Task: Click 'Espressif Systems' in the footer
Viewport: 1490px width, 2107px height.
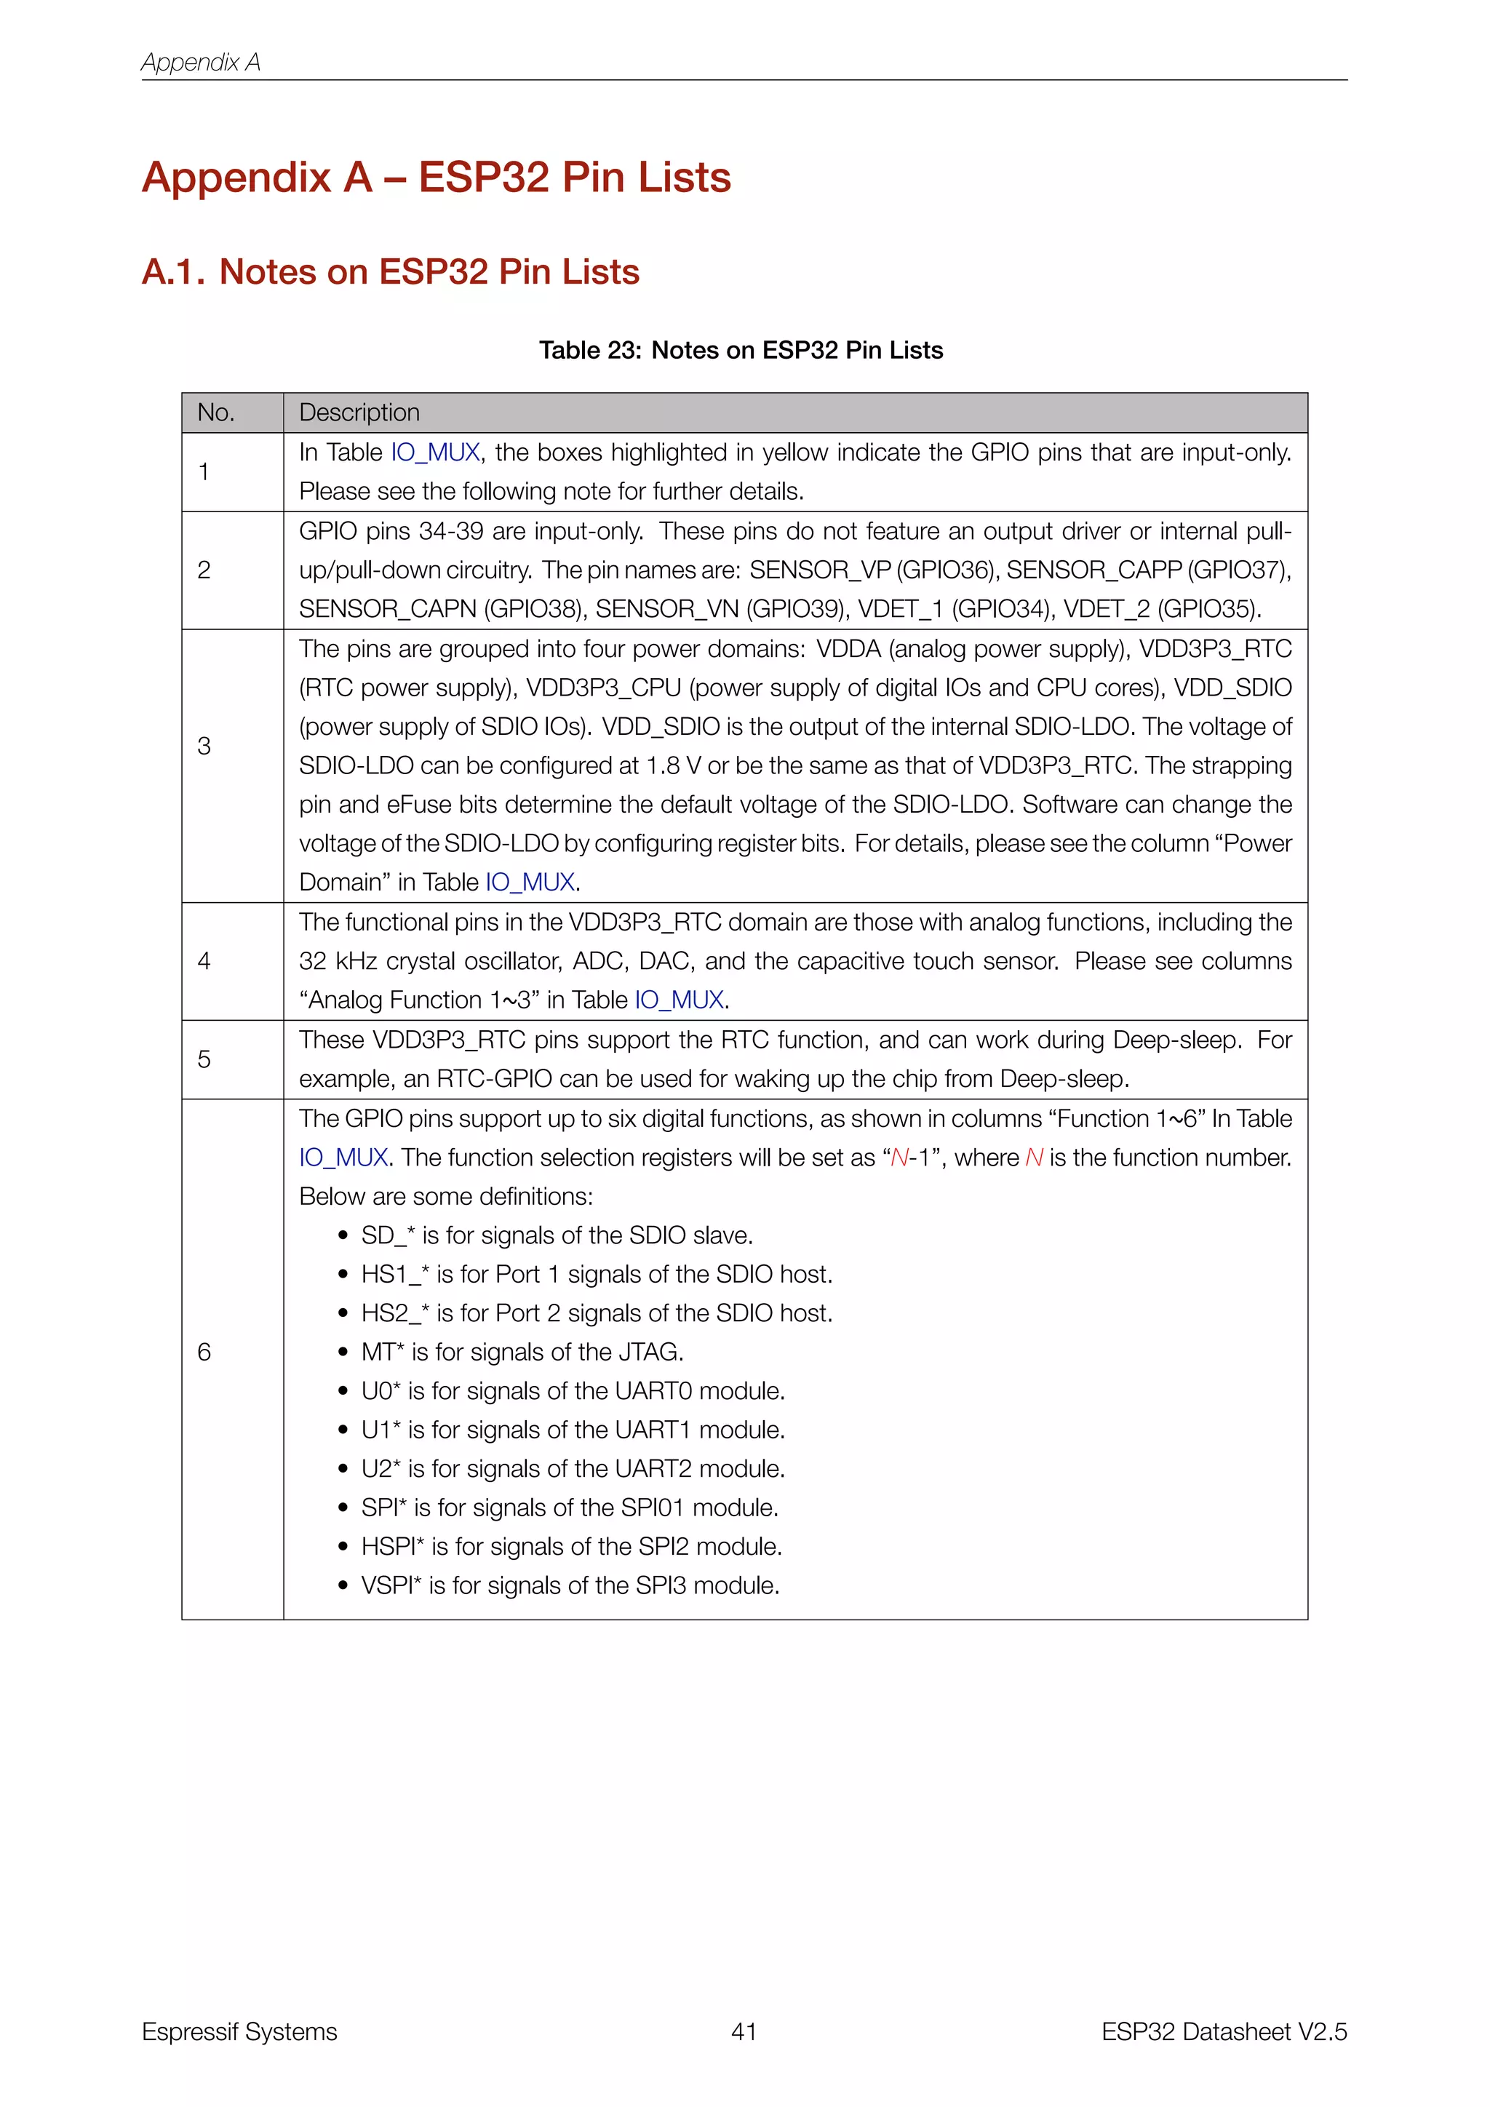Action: (239, 2032)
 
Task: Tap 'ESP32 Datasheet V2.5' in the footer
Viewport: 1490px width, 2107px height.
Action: (1224, 2032)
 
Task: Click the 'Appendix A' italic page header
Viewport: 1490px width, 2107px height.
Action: (201, 63)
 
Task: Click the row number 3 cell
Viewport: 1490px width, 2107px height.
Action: (204, 746)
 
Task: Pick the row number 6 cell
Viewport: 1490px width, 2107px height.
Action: (204, 1352)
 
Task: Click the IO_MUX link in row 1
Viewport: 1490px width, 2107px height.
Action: (436, 453)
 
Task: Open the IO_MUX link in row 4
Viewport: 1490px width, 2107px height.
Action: (680, 1000)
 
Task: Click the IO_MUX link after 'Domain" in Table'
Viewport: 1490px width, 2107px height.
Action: (530, 883)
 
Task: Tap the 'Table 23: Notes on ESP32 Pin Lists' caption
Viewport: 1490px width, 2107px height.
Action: (741, 351)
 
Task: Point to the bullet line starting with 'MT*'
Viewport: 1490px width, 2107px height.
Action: (522, 1353)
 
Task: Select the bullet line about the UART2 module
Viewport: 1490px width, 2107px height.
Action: (573, 1469)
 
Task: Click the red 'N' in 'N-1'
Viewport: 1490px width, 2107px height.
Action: (900, 1158)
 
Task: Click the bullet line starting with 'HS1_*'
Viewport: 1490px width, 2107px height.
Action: (597, 1275)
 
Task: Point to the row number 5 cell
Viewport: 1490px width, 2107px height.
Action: (204, 1060)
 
